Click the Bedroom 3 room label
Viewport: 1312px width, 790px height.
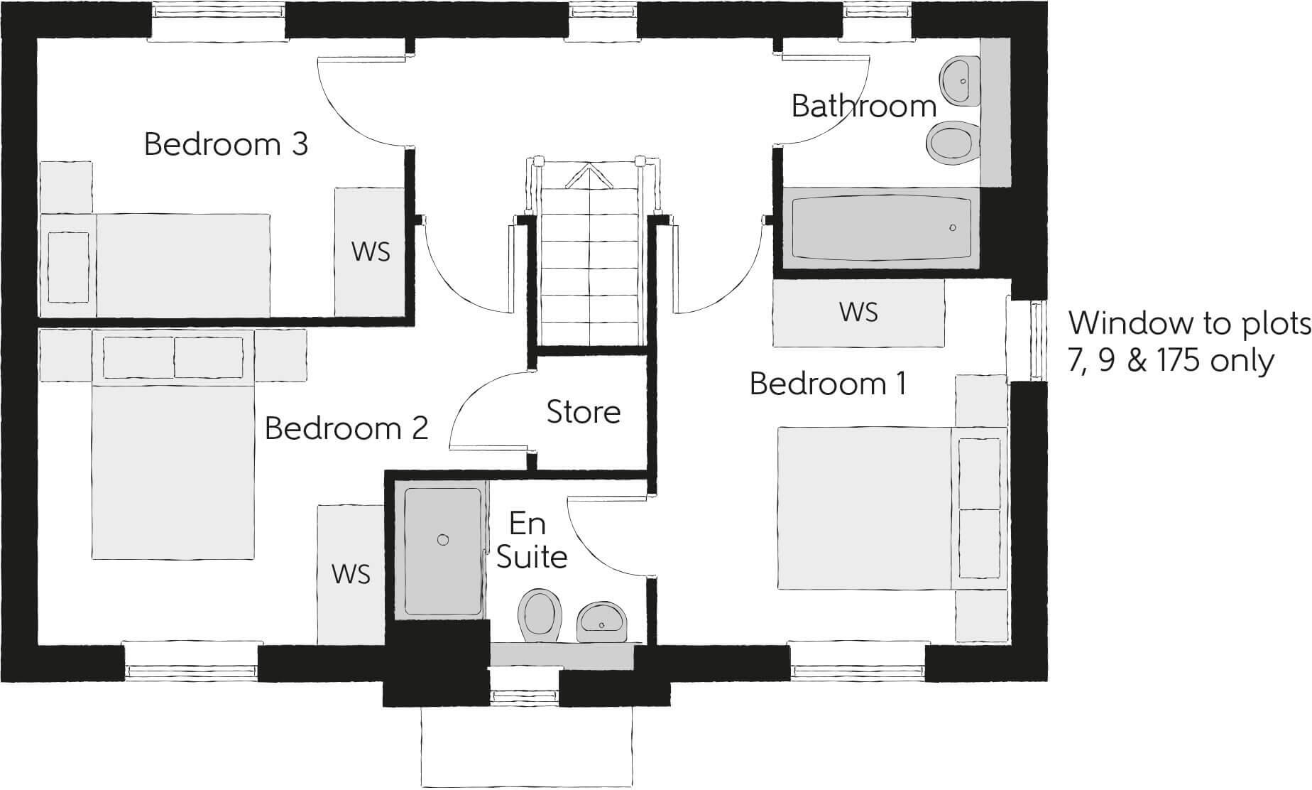point(226,144)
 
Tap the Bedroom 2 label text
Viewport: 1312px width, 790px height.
point(346,428)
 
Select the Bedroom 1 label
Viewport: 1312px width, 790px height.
point(828,384)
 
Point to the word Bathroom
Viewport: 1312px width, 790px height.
point(864,107)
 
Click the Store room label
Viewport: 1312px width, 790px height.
point(584,412)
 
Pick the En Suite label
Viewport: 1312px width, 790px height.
point(531,541)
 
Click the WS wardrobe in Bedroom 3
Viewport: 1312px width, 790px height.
point(370,251)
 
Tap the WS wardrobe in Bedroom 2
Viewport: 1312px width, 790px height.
point(351,574)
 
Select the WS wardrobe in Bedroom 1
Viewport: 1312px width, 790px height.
point(858,313)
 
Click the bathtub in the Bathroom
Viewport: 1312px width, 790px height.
point(881,227)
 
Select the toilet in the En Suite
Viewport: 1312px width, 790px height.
point(540,613)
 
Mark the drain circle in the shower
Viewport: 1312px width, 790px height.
point(443,540)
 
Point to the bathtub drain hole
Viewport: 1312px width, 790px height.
point(952,228)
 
